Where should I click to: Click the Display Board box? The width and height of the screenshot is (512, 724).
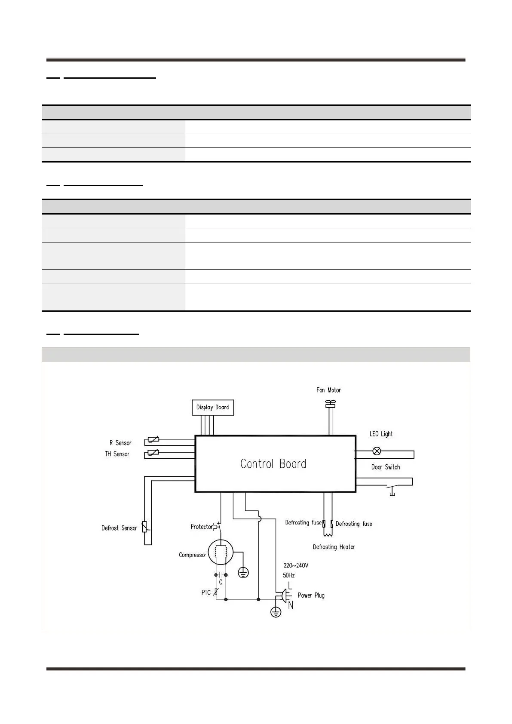212,407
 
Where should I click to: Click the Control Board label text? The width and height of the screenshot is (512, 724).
273,464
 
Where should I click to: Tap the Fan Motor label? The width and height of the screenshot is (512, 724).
328,390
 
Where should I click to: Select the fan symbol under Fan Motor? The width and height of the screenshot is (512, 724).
330,403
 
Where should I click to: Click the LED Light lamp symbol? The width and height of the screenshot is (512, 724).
377,451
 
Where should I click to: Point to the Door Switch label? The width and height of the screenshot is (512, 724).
386,467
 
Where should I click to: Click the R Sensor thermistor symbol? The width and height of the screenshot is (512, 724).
153,439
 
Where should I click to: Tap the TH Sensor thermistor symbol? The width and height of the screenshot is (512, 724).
153,452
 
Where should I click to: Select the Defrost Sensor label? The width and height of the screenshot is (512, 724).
119,528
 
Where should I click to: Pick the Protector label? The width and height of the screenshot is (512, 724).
202,527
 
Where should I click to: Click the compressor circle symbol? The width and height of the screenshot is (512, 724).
221,553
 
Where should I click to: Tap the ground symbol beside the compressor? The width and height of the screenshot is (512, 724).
243,572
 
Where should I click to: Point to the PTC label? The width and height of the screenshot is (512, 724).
206,592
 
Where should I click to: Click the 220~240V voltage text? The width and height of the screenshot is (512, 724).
296,565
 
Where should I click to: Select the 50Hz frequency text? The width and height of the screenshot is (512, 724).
289,575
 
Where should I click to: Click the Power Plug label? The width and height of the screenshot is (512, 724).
311,595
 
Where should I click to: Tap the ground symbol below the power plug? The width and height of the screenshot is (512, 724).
276,612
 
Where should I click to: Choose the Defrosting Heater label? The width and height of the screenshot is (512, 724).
334,547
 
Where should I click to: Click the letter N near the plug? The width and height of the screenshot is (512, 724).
291,605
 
